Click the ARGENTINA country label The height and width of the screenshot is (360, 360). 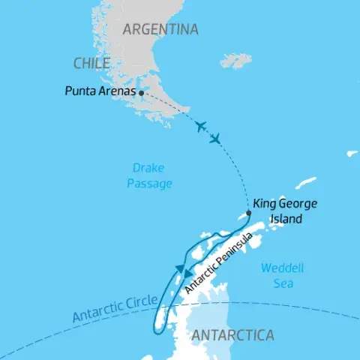(x=160, y=30)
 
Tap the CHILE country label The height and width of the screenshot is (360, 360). (x=91, y=63)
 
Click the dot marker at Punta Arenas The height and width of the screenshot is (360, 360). (x=141, y=93)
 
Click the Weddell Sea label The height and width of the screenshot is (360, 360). (x=277, y=276)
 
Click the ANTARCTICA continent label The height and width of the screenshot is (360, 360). (x=232, y=334)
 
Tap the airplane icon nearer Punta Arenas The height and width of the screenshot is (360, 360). (x=199, y=126)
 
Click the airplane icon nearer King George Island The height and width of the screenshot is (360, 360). (x=216, y=139)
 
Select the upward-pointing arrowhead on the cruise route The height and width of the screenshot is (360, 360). (x=179, y=268)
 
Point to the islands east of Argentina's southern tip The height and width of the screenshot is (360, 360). (x=236, y=60)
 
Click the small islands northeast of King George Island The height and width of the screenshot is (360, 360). (x=306, y=182)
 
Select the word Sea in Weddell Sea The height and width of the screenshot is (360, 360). (x=282, y=284)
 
